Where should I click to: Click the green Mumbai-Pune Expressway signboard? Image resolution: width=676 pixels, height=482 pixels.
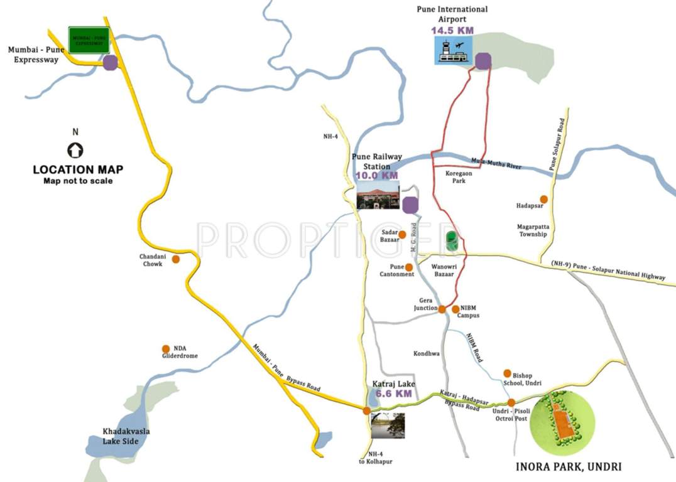tap(89, 40)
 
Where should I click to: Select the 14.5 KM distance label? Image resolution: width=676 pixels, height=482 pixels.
tap(452, 29)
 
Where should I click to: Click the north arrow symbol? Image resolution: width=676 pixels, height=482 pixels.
tap(75, 150)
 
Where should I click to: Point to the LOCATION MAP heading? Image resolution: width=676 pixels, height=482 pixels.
tap(78, 169)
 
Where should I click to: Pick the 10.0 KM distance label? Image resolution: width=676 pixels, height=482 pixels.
tap(377, 176)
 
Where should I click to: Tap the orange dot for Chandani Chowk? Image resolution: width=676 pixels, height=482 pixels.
tap(176, 259)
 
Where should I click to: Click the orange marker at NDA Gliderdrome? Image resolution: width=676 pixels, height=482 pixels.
tap(166, 349)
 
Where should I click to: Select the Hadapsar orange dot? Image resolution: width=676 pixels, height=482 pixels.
tap(543, 199)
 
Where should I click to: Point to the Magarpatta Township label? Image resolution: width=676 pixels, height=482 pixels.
tap(533, 230)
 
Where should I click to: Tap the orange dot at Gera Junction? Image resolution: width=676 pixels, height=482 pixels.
tap(442, 309)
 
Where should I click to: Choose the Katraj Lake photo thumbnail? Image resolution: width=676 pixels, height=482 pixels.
tap(388, 425)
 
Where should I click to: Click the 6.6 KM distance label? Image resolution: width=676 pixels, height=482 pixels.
tap(393, 394)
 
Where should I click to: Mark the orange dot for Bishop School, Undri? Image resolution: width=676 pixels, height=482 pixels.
tap(507, 373)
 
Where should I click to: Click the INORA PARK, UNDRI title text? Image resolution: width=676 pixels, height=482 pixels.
tap(569, 467)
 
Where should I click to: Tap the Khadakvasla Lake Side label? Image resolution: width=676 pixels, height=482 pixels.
tap(126, 436)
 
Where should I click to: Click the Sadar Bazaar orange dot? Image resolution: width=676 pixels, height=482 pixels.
tap(402, 234)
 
